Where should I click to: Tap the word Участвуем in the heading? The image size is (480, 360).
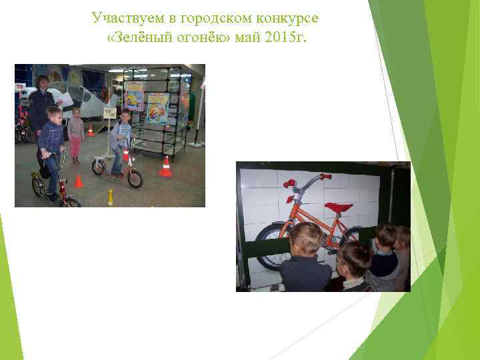(x=123, y=15)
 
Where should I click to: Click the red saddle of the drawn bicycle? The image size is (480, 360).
(x=339, y=207)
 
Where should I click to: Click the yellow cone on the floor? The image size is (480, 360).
(x=111, y=197)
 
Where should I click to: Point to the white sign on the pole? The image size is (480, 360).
(x=109, y=113)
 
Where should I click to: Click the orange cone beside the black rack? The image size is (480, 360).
(x=165, y=166)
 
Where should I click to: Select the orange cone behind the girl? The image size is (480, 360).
(x=91, y=131)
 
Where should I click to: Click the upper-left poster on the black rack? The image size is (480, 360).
(x=134, y=95)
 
